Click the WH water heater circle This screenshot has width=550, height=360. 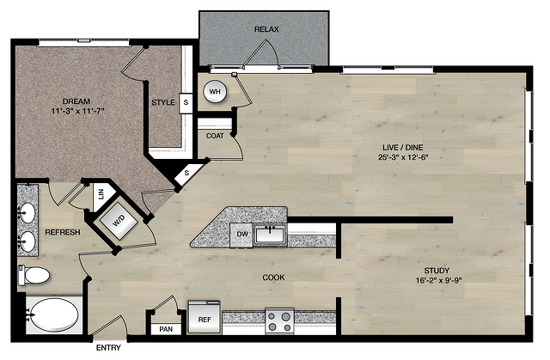pos(215,92)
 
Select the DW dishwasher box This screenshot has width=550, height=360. pos(241,235)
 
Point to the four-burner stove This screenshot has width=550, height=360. pos(279,321)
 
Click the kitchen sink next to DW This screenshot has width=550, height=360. pos(269,235)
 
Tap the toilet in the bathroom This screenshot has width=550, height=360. pos(34,275)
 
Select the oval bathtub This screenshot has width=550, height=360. pos(54,314)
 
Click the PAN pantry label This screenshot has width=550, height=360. pos(166,329)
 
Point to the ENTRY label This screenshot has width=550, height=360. pos(108,348)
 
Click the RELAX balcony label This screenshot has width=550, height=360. pos(266,29)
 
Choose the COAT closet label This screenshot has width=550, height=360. pos(215,136)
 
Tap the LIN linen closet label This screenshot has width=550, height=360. pos(101,194)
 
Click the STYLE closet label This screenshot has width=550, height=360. pos(163,102)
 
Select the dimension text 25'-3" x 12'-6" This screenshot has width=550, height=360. pos(403,157)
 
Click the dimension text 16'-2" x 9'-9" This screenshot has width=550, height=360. pos(438,280)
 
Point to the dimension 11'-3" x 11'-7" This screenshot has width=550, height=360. pos(78,111)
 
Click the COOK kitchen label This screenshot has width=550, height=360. pos(273,278)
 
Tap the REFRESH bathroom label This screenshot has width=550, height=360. pos(63,232)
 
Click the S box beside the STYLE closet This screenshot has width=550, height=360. pos(186,103)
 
